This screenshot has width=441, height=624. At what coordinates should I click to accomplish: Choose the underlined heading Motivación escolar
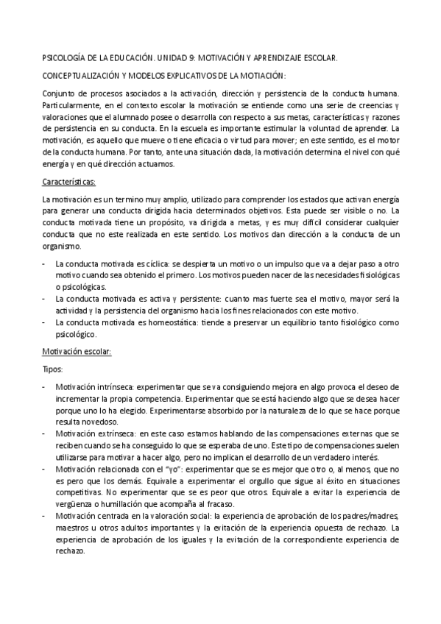tap(76, 352)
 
